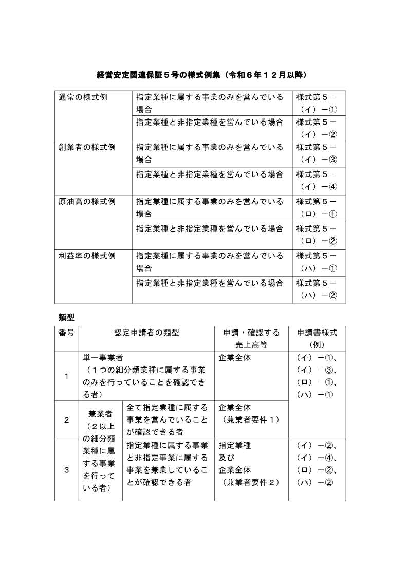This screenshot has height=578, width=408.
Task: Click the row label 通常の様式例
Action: tap(83, 97)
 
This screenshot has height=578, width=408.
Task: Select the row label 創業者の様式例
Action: tap(86, 147)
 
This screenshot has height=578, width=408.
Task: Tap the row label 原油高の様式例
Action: tap(86, 201)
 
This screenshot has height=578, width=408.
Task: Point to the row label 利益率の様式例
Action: tap(86, 256)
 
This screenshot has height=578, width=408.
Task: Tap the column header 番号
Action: tap(66, 332)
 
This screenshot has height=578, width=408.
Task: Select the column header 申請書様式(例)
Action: tap(317, 338)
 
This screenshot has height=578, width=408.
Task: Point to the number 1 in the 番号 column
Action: tap(66, 376)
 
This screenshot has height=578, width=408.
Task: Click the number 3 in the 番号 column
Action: tap(66, 469)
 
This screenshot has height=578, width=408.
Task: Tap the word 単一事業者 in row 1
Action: tap(102, 357)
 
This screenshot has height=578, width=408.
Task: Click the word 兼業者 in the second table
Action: tap(100, 413)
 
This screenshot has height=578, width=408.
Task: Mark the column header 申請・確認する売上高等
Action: tap(251, 338)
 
